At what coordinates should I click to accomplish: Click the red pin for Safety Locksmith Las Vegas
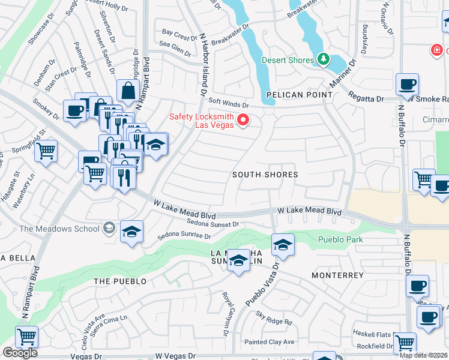click(243, 120)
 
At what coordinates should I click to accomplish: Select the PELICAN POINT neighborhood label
click(300, 95)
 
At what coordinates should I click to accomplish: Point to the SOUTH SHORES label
click(265, 175)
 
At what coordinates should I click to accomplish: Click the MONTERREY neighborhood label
click(338, 275)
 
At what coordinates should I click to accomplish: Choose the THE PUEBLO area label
click(120, 281)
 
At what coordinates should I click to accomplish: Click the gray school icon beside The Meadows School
click(109, 227)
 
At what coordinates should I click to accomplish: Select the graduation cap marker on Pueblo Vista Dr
click(283, 245)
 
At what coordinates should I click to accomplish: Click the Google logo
click(20, 352)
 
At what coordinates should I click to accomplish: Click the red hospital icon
click(436, 50)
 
